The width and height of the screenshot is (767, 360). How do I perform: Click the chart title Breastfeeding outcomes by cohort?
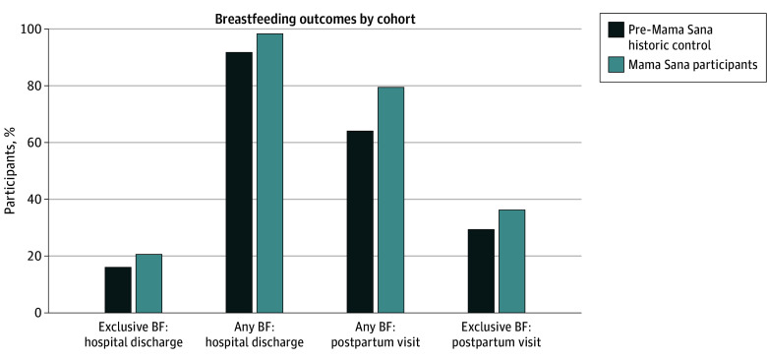click(315, 20)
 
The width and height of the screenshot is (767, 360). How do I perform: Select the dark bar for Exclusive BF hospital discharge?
click(118, 290)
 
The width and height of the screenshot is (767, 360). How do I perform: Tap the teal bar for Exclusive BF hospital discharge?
click(148, 283)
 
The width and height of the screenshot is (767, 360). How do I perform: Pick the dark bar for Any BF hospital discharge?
click(239, 182)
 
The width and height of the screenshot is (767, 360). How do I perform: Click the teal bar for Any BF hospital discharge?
click(269, 173)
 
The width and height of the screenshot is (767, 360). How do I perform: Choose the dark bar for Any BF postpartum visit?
click(360, 222)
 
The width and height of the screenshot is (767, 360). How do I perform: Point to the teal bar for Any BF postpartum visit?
click(390, 200)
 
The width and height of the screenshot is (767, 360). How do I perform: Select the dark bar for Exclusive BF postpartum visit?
click(481, 270)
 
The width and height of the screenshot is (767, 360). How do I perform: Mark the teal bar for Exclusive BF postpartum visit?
click(511, 262)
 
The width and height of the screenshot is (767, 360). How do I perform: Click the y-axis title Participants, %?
click(11, 170)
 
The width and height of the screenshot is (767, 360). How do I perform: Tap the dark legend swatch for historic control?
click(616, 30)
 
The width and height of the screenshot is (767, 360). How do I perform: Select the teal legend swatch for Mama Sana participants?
click(616, 65)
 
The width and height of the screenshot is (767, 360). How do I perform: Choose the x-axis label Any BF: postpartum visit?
click(376, 334)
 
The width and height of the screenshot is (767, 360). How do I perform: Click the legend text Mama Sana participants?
click(692, 65)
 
